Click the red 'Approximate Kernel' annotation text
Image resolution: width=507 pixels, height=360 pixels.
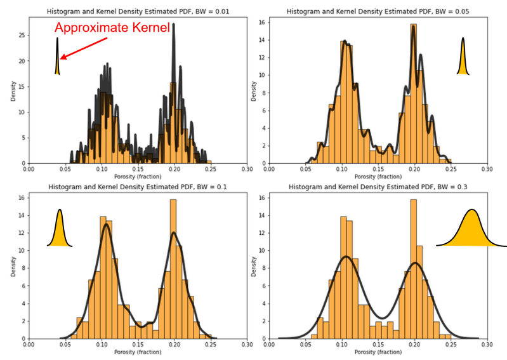point(111,28)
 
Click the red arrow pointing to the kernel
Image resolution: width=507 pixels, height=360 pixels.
point(82,48)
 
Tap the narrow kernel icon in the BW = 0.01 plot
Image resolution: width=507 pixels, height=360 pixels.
point(57,57)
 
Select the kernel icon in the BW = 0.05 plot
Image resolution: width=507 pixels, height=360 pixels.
point(463,58)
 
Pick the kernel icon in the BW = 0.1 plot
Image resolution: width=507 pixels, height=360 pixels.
point(60,229)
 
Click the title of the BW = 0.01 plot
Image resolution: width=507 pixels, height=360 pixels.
point(137,11)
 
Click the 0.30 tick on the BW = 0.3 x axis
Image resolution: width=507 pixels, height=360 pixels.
point(487,345)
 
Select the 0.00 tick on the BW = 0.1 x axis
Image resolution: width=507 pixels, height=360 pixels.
point(29,345)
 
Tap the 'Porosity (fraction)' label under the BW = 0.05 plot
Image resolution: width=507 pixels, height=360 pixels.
point(377,176)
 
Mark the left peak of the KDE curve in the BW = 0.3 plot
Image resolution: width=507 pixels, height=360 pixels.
point(346,257)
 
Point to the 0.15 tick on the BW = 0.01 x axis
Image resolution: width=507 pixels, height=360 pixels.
point(138,169)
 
